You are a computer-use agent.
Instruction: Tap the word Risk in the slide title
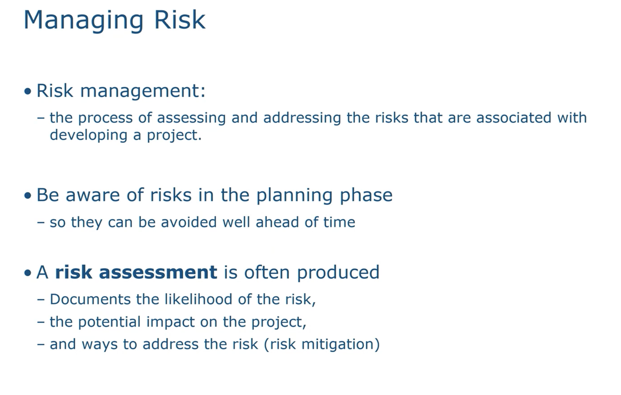[180, 20]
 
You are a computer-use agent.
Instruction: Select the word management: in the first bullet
[143, 91]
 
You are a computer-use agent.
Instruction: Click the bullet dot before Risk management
[28, 91]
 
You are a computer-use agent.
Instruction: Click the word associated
[514, 118]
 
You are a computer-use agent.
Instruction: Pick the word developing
[89, 136]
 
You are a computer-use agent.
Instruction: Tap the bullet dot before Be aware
[28, 196]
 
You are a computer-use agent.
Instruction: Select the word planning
[294, 196]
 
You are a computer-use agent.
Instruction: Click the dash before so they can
[41, 223]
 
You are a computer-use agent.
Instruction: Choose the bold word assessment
[158, 273]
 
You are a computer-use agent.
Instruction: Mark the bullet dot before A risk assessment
[28, 273]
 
